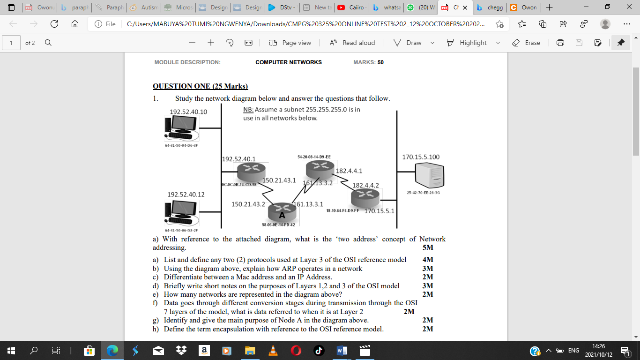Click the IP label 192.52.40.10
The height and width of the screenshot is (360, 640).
188,112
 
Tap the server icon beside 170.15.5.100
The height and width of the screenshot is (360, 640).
430,176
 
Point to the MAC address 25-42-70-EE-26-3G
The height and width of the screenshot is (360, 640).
423,193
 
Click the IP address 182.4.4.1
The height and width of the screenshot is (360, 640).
349,171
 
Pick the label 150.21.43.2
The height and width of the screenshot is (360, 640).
248,204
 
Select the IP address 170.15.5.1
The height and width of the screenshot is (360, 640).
379,211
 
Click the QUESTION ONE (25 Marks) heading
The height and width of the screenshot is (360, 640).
200,86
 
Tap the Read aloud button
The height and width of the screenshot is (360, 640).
352,43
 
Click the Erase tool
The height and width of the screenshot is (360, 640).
526,43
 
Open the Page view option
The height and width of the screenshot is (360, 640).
290,43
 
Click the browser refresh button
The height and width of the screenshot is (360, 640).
54,24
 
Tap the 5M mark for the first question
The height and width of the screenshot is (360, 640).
427,247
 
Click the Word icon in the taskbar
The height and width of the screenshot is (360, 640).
342,350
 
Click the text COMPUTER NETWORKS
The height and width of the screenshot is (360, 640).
289,62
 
